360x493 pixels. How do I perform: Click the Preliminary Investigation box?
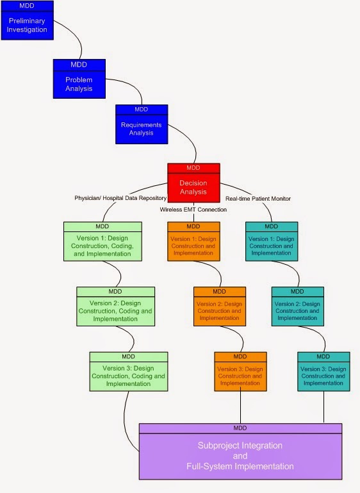click(x=27, y=25)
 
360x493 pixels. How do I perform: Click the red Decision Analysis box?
click(x=193, y=187)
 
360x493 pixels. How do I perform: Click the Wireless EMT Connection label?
click(x=193, y=209)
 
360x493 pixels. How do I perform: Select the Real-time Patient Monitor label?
click(x=259, y=199)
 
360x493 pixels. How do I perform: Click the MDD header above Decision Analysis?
click(x=193, y=168)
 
